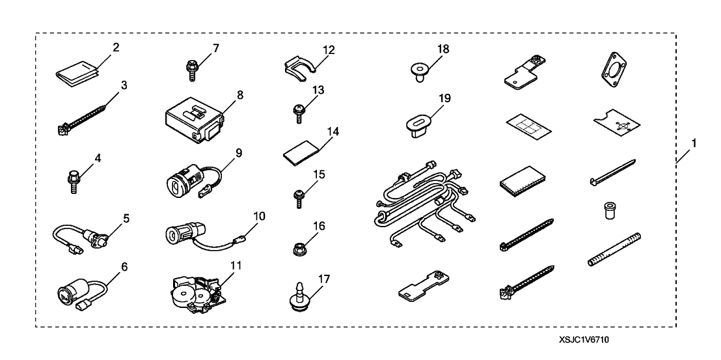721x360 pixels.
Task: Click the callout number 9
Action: coord(238,153)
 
